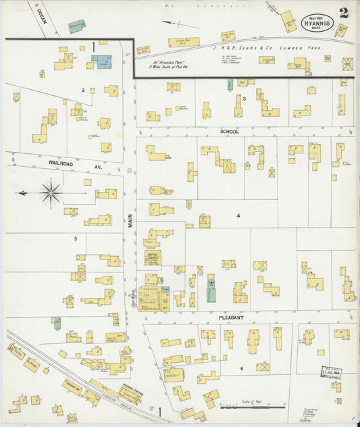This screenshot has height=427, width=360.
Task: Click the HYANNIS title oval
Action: [315, 22]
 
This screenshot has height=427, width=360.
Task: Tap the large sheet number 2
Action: [344, 14]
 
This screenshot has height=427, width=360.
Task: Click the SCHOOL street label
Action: [230, 132]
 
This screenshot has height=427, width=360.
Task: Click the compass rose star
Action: [51, 193]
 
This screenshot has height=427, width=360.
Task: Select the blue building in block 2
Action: [102, 61]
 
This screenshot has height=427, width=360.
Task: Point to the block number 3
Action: [244, 99]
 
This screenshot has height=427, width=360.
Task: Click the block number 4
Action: [238, 216]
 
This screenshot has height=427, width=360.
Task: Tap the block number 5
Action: [76, 238]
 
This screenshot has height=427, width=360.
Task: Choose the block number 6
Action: [241, 368]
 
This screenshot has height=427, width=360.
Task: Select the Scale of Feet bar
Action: [253, 407]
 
